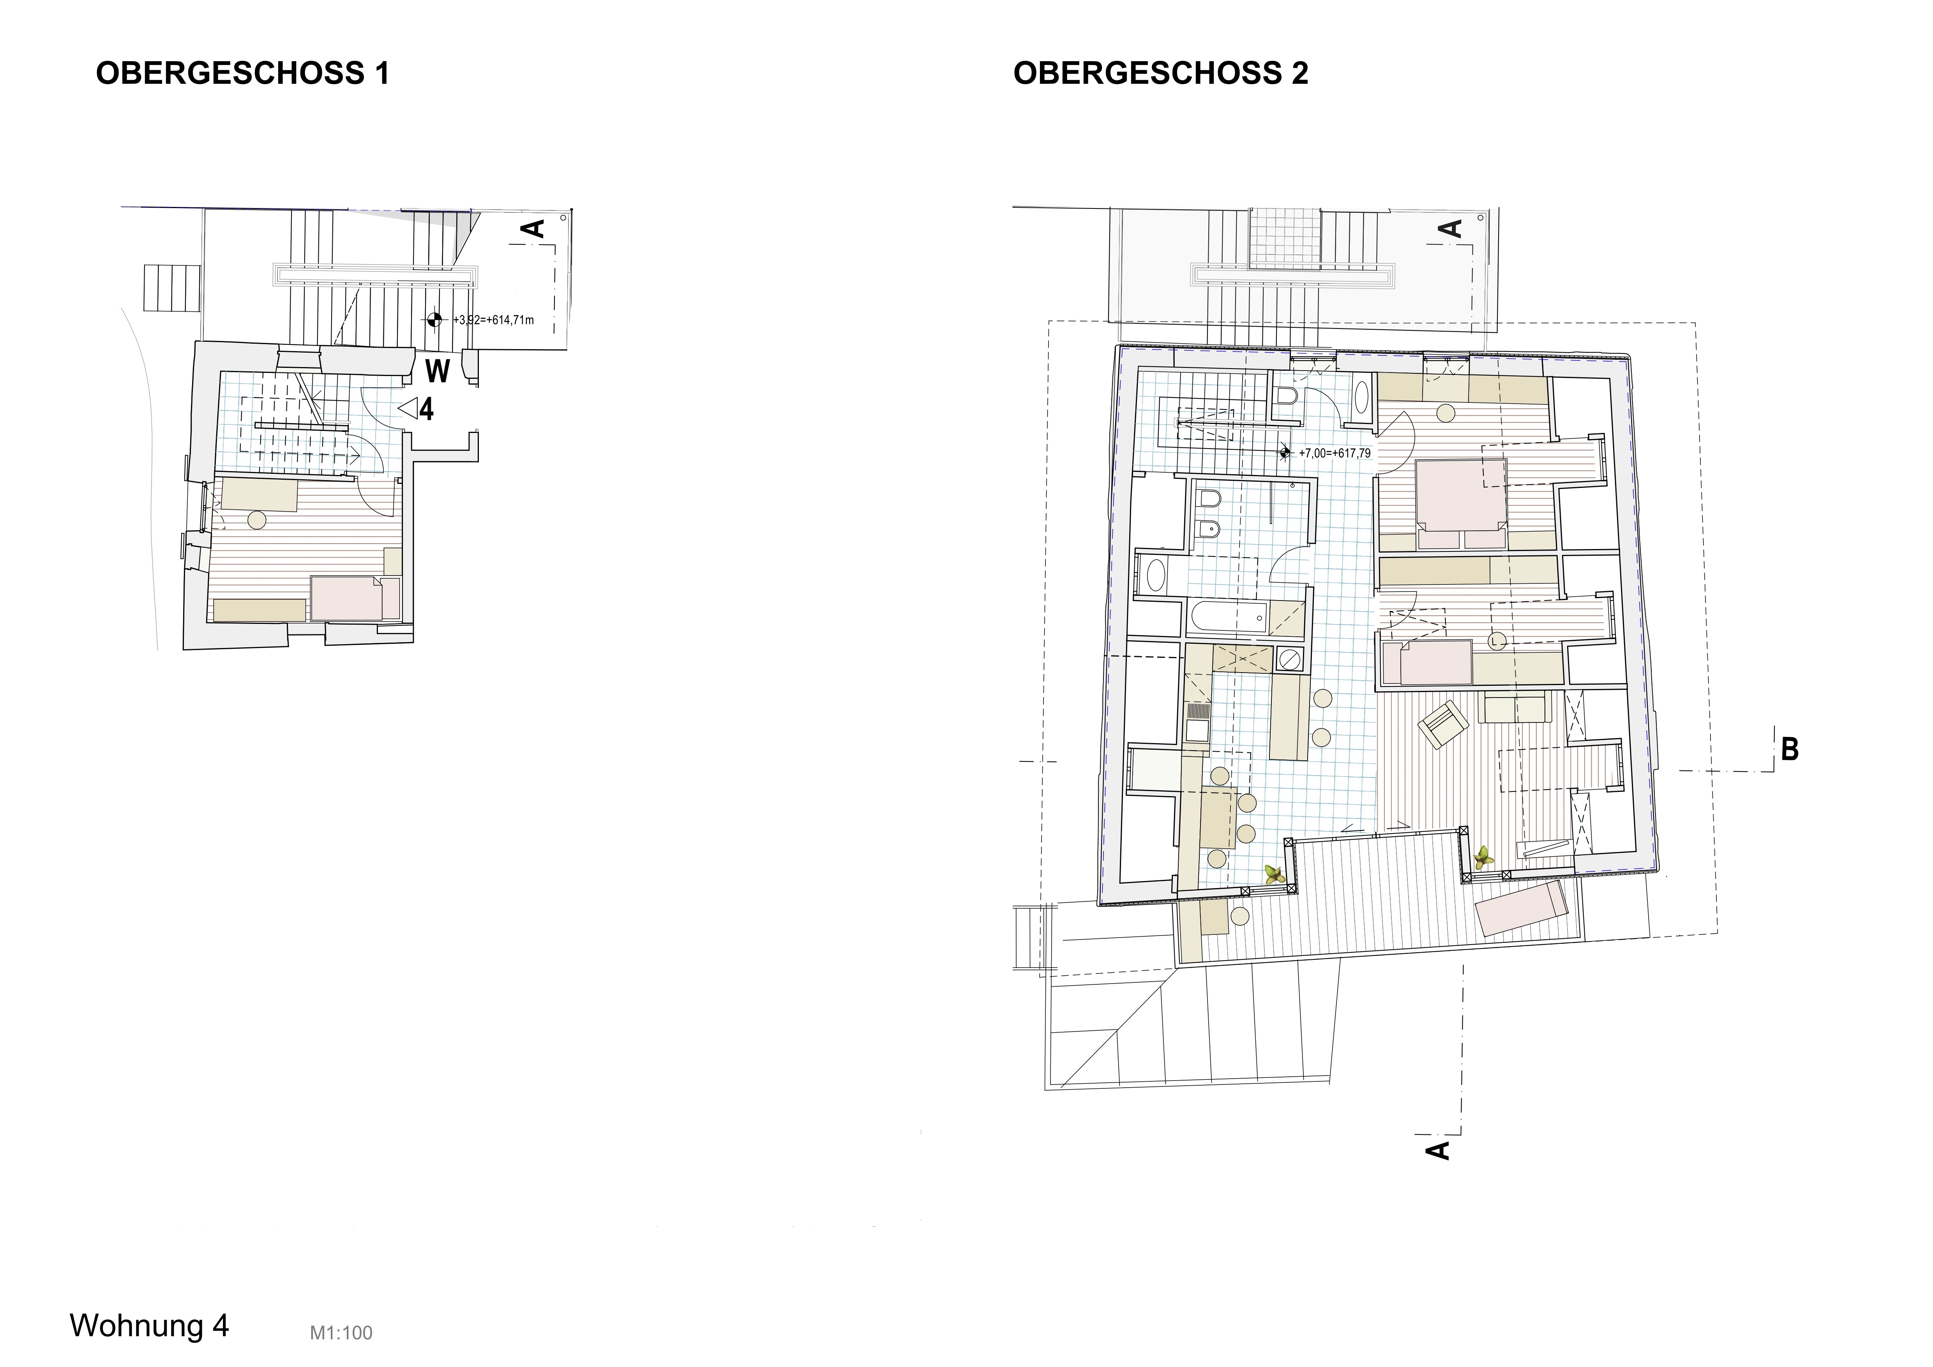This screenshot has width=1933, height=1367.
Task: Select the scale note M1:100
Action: [341, 1332]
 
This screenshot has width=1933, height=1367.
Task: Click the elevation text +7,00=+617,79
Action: [1335, 453]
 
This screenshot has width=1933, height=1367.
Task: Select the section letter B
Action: [1790, 749]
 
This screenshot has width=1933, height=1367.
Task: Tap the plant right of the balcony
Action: [1482, 858]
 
